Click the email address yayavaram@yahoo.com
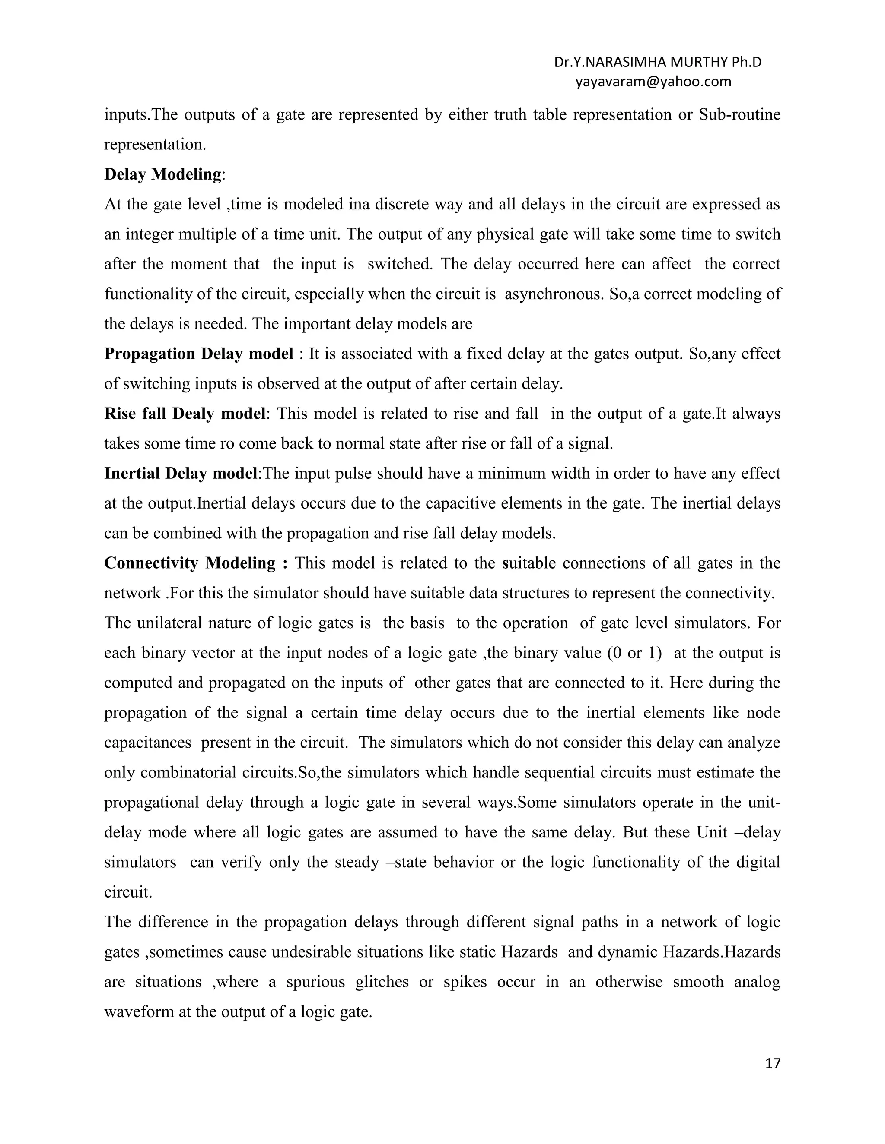pos(653,82)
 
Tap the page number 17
pos(773,1063)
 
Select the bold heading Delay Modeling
pos(163,174)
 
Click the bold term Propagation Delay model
pos(199,354)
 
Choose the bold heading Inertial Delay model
pos(181,474)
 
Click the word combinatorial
pos(192,773)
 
